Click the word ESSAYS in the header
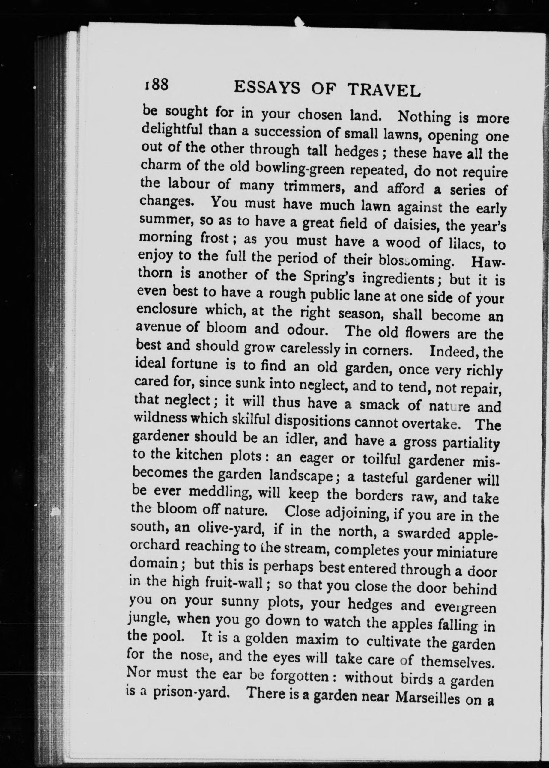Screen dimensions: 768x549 (x=267, y=88)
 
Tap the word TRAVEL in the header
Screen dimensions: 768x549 (x=384, y=90)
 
